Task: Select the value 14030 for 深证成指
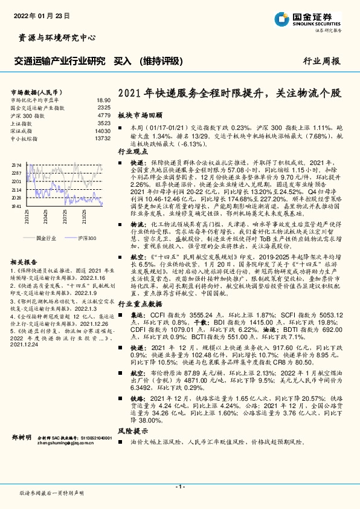coord(103,131)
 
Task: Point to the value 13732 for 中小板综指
coord(103,138)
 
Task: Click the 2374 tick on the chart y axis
coord(16,164)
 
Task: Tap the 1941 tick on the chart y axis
coord(16,206)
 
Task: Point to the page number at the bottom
coord(179,486)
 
